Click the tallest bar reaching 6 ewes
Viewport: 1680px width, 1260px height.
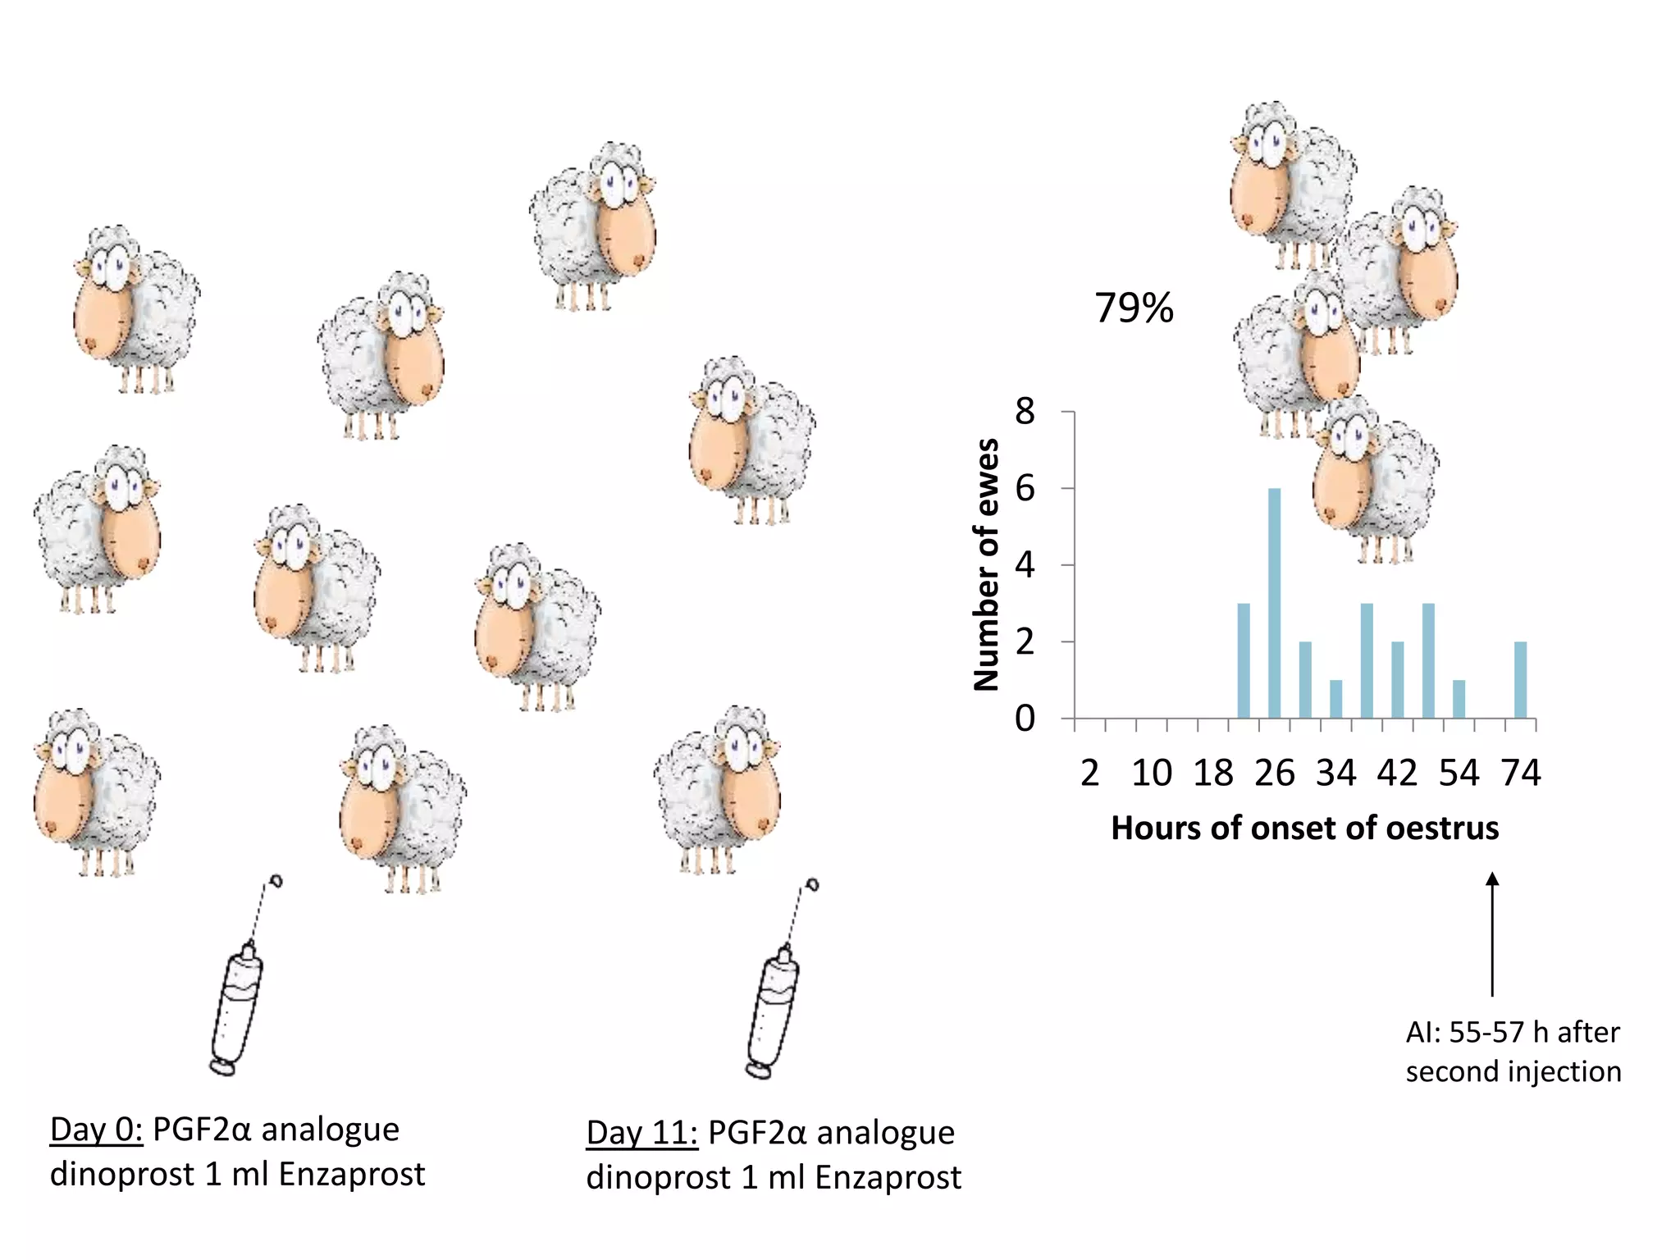pos(1274,603)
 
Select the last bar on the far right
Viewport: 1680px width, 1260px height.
pos(1520,680)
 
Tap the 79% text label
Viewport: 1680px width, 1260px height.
pos(1134,308)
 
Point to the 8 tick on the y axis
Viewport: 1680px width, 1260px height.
pos(1025,412)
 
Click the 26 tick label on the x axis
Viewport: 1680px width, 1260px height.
pos(1274,773)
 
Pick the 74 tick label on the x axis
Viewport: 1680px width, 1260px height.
pos(1520,773)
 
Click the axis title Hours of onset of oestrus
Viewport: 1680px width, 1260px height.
pos(1304,828)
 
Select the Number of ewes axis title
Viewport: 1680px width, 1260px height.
pos(987,564)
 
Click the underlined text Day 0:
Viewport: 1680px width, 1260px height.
pos(96,1130)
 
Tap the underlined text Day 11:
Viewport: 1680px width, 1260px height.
pos(641,1133)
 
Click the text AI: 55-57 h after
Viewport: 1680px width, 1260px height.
pos(1512,1032)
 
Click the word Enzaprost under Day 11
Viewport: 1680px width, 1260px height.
pos(888,1178)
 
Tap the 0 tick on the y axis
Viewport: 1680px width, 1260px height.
pos(1025,719)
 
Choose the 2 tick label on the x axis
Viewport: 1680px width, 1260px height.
pos(1089,773)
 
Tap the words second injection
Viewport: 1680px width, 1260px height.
pos(1513,1072)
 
